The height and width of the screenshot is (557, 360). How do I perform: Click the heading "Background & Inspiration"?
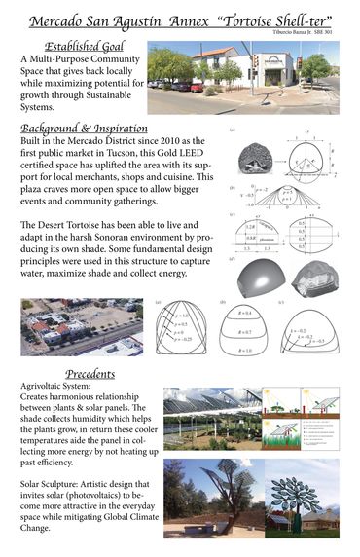pos(84,128)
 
